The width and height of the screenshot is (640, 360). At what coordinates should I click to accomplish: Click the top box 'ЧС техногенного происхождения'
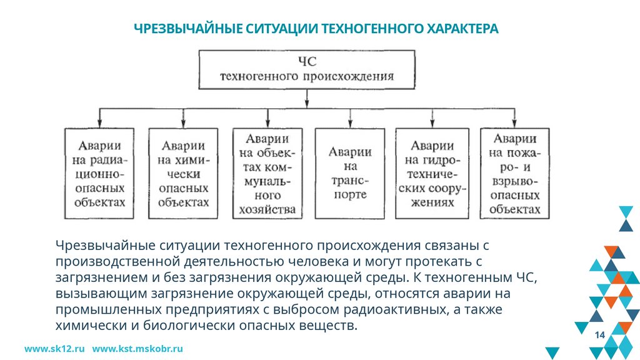point(306,69)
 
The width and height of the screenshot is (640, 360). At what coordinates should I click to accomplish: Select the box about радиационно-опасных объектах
point(99,173)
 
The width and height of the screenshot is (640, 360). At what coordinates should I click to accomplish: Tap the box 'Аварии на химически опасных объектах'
point(183,173)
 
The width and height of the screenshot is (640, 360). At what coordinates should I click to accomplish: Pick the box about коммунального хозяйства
point(267,173)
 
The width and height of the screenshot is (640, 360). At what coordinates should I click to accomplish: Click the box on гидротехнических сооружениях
point(433,173)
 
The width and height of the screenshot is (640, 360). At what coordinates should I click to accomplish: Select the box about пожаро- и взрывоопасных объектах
point(515,173)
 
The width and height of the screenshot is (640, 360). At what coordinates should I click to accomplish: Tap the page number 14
point(599,336)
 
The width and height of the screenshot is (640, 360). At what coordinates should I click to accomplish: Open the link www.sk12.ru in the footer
point(54,349)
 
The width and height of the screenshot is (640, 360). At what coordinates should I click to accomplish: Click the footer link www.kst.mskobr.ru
point(137,349)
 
